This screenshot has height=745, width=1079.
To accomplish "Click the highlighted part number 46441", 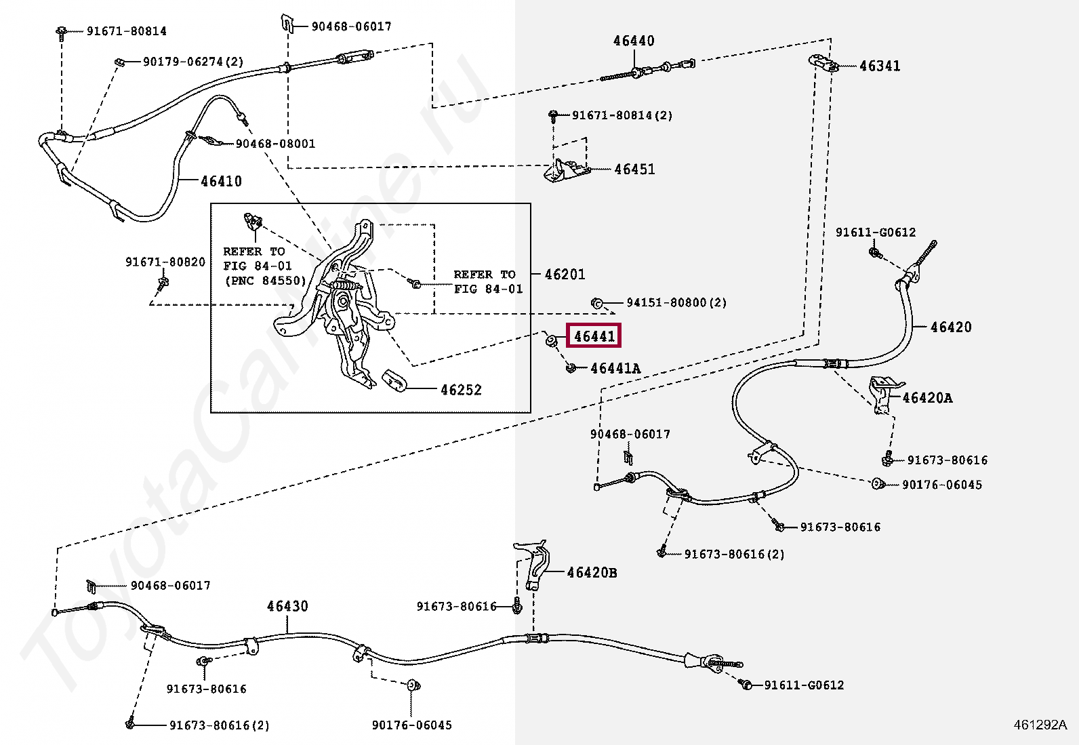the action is (x=594, y=336).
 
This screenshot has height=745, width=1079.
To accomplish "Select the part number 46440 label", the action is (x=634, y=41).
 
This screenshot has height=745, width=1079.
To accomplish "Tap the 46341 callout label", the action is (x=880, y=66).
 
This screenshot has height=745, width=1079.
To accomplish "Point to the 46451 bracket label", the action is (x=634, y=169).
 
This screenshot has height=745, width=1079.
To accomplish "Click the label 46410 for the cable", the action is (x=221, y=181).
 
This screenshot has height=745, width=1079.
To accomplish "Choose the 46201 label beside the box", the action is (x=565, y=274).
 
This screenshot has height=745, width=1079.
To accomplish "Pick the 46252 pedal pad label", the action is (x=461, y=389).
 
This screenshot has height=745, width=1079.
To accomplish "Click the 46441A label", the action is (x=615, y=368).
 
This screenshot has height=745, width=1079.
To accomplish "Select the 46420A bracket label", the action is (x=927, y=397).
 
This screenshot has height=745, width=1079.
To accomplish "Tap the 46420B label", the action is (x=592, y=573).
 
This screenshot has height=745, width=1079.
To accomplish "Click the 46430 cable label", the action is (x=287, y=606).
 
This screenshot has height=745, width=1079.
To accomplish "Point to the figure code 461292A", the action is (x=1040, y=725).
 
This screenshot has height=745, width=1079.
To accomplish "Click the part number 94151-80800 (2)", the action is (x=676, y=302).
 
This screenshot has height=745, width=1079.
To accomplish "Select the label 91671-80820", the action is (x=165, y=262).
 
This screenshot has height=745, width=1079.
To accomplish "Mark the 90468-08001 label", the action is (x=275, y=144).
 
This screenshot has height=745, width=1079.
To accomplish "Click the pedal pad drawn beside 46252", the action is (x=394, y=381).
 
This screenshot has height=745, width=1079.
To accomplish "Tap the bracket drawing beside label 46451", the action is (x=566, y=171).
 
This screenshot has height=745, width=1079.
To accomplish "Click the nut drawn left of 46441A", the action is (x=571, y=368).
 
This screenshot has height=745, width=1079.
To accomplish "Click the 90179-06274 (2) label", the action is (x=192, y=62).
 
